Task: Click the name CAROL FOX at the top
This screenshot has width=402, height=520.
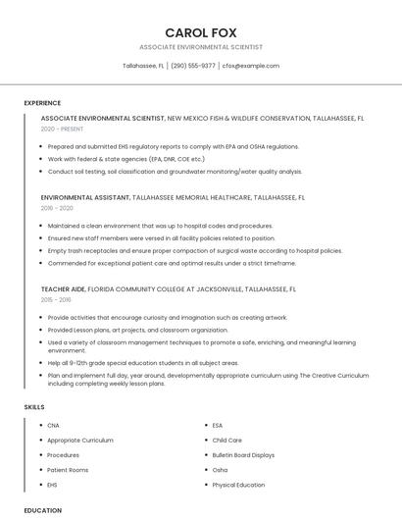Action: (201, 32)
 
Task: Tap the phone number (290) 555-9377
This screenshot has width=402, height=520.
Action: (193, 66)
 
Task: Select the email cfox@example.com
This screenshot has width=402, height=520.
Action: (251, 66)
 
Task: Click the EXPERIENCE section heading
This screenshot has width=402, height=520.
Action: (42, 103)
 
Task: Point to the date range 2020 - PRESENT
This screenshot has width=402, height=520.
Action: (62, 129)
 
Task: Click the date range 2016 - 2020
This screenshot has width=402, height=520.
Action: (57, 208)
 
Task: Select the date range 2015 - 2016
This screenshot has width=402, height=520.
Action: (57, 300)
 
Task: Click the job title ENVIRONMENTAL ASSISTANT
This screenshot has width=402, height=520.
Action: (85, 197)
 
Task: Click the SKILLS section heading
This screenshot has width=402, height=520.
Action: (34, 406)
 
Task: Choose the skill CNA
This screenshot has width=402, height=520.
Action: (53, 425)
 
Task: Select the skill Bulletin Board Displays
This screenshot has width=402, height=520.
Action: (243, 455)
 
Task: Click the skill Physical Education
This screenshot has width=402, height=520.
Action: (238, 485)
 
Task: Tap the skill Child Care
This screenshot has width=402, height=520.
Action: (227, 441)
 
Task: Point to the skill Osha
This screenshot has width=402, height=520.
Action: (220, 470)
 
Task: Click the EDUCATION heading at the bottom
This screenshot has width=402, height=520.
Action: (43, 510)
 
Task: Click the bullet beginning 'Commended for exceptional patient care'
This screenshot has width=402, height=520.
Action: (172, 263)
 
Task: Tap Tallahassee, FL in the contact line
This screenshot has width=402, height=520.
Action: (143, 66)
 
